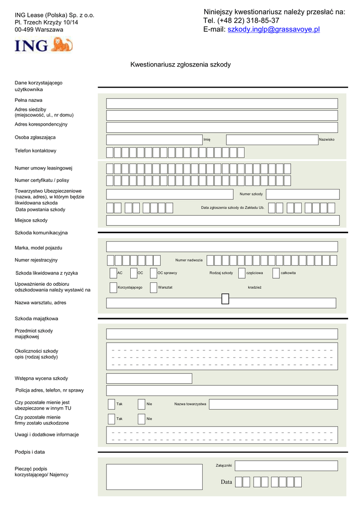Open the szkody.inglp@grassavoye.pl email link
[x=273, y=30]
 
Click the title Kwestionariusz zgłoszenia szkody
[x=180, y=65]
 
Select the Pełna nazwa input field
[x=222, y=103]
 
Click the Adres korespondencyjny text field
[x=222, y=127]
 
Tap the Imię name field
[x=154, y=140]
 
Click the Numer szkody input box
[x=302, y=194]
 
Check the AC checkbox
[x=113, y=273]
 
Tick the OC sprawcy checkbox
[x=153, y=273]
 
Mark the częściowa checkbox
[x=242, y=273]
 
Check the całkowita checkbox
[x=276, y=273]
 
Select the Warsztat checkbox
[x=153, y=287]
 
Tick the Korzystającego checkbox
[x=113, y=287]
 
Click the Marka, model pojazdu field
[x=222, y=247]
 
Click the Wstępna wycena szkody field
[x=149, y=378]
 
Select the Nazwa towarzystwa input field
[x=273, y=404]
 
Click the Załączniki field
[x=286, y=466]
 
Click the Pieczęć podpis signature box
[x=154, y=477]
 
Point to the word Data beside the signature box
[x=227, y=482]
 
